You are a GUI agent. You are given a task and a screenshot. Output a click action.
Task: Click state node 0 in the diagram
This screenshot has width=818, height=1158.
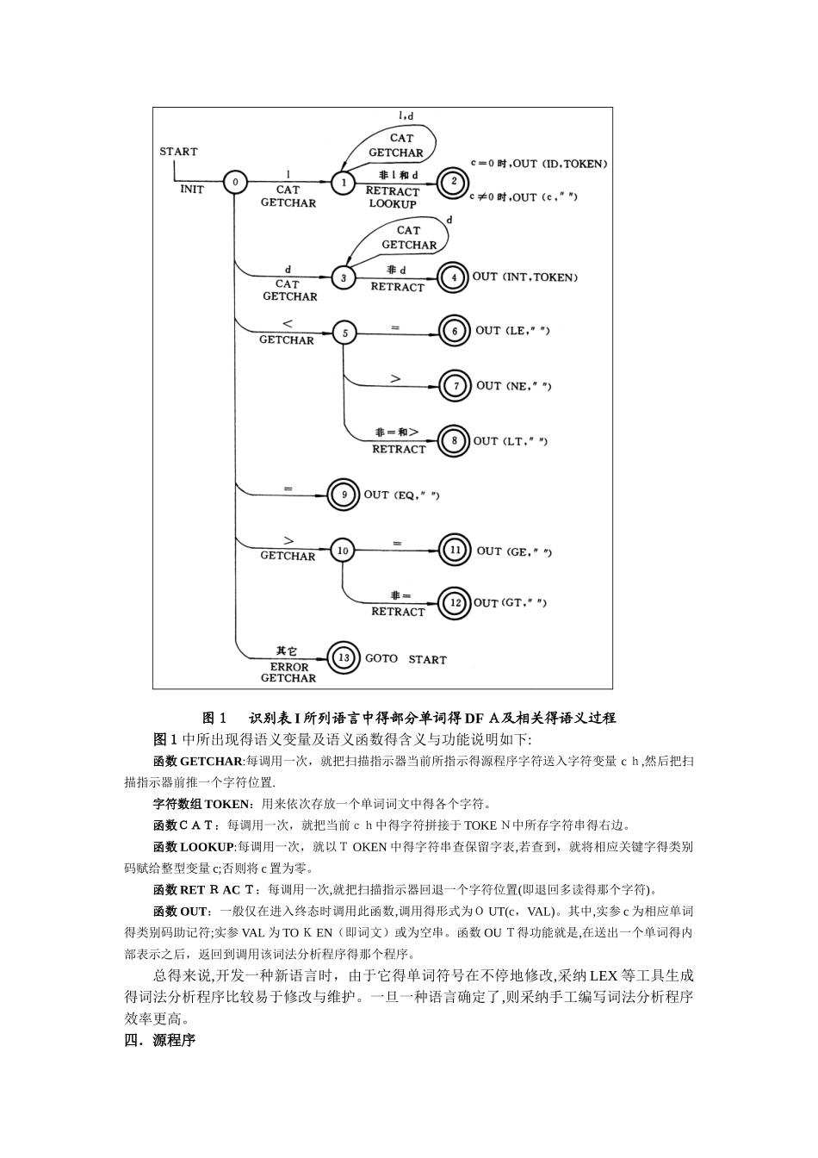pos(234,183)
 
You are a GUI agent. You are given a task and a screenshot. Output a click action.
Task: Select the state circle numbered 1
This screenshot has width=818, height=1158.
pos(343,183)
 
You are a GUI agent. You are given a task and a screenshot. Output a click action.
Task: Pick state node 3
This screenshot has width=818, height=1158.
pos(343,277)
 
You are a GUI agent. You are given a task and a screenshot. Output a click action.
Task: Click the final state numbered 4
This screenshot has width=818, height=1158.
pos(452,277)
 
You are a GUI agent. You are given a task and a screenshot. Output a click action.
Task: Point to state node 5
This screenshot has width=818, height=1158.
pos(344,333)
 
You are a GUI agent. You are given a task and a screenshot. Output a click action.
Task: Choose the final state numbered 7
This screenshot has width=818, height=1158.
pos(455,386)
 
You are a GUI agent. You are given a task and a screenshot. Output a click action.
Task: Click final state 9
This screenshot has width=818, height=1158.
pos(344,495)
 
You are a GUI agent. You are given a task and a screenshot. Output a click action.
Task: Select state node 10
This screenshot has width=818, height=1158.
pos(343,550)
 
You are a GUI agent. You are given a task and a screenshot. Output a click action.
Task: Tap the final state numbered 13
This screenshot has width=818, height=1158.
pos(344,658)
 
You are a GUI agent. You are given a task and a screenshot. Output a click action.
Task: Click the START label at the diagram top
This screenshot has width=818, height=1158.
pos(178,152)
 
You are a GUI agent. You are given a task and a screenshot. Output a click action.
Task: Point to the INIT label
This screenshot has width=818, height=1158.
pos(192,189)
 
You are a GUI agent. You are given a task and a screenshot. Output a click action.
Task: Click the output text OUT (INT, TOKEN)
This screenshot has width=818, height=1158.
pos(524,277)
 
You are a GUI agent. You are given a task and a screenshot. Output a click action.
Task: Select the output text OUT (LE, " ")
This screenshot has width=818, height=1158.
pos(513,331)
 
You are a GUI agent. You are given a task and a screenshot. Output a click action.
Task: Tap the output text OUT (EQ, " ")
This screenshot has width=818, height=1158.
pos(403,495)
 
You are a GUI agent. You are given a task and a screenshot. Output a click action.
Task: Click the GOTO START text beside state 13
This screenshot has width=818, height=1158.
pos(406,659)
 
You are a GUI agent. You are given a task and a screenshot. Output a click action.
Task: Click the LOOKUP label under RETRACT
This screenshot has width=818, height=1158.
pos(393,204)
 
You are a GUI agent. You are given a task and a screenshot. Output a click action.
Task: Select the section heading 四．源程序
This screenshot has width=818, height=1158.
pos(160,1040)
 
